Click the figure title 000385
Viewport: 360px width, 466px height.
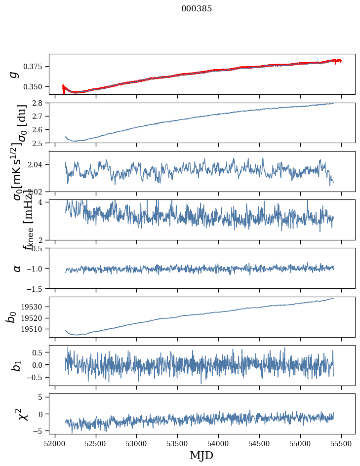click(x=197, y=9)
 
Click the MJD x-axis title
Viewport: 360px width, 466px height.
click(x=201, y=455)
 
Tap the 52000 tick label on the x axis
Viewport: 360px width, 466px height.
click(x=55, y=443)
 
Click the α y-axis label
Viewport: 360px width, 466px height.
click(x=17, y=268)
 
